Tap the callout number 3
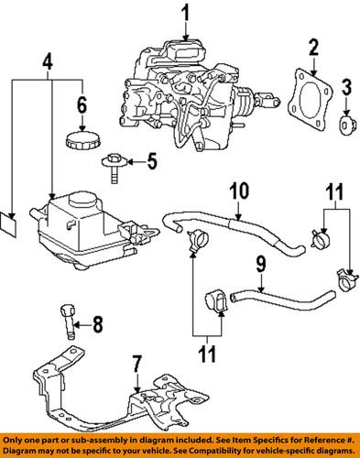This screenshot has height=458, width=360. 345,88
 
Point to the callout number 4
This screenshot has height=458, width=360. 48,65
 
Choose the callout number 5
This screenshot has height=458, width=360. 151,165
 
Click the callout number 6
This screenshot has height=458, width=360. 81,104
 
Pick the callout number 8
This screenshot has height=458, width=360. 99,322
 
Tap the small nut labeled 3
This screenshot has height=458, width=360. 344,123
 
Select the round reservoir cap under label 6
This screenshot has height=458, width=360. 80,143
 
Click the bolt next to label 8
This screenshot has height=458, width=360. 68,322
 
